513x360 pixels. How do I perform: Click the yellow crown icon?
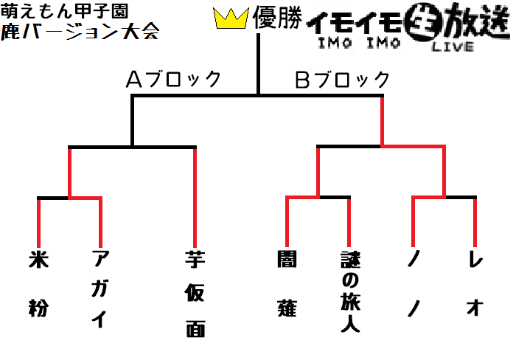tap(231, 18)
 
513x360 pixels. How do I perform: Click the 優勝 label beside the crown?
tap(277, 18)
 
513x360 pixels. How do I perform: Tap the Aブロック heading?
tap(174, 79)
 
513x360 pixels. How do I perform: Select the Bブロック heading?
tap(342, 80)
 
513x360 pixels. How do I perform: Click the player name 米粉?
tap(38, 284)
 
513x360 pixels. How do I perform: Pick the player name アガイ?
tap(100, 289)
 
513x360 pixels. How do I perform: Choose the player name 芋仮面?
tap(195, 294)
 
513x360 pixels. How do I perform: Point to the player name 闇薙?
tap(287, 284)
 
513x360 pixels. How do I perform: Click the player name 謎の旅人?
tap(350, 292)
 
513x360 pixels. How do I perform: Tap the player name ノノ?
tap(413, 284)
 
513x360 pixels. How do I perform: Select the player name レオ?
tap(475, 284)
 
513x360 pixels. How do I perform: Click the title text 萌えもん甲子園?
tap(64, 11)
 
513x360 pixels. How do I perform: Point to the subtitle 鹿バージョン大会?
tap(80, 32)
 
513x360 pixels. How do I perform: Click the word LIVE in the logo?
tap(453, 46)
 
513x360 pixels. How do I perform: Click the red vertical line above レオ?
tap(475, 223)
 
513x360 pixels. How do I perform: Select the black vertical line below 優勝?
tap(258, 64)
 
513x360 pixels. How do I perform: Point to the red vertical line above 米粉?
tap(38, 223)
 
